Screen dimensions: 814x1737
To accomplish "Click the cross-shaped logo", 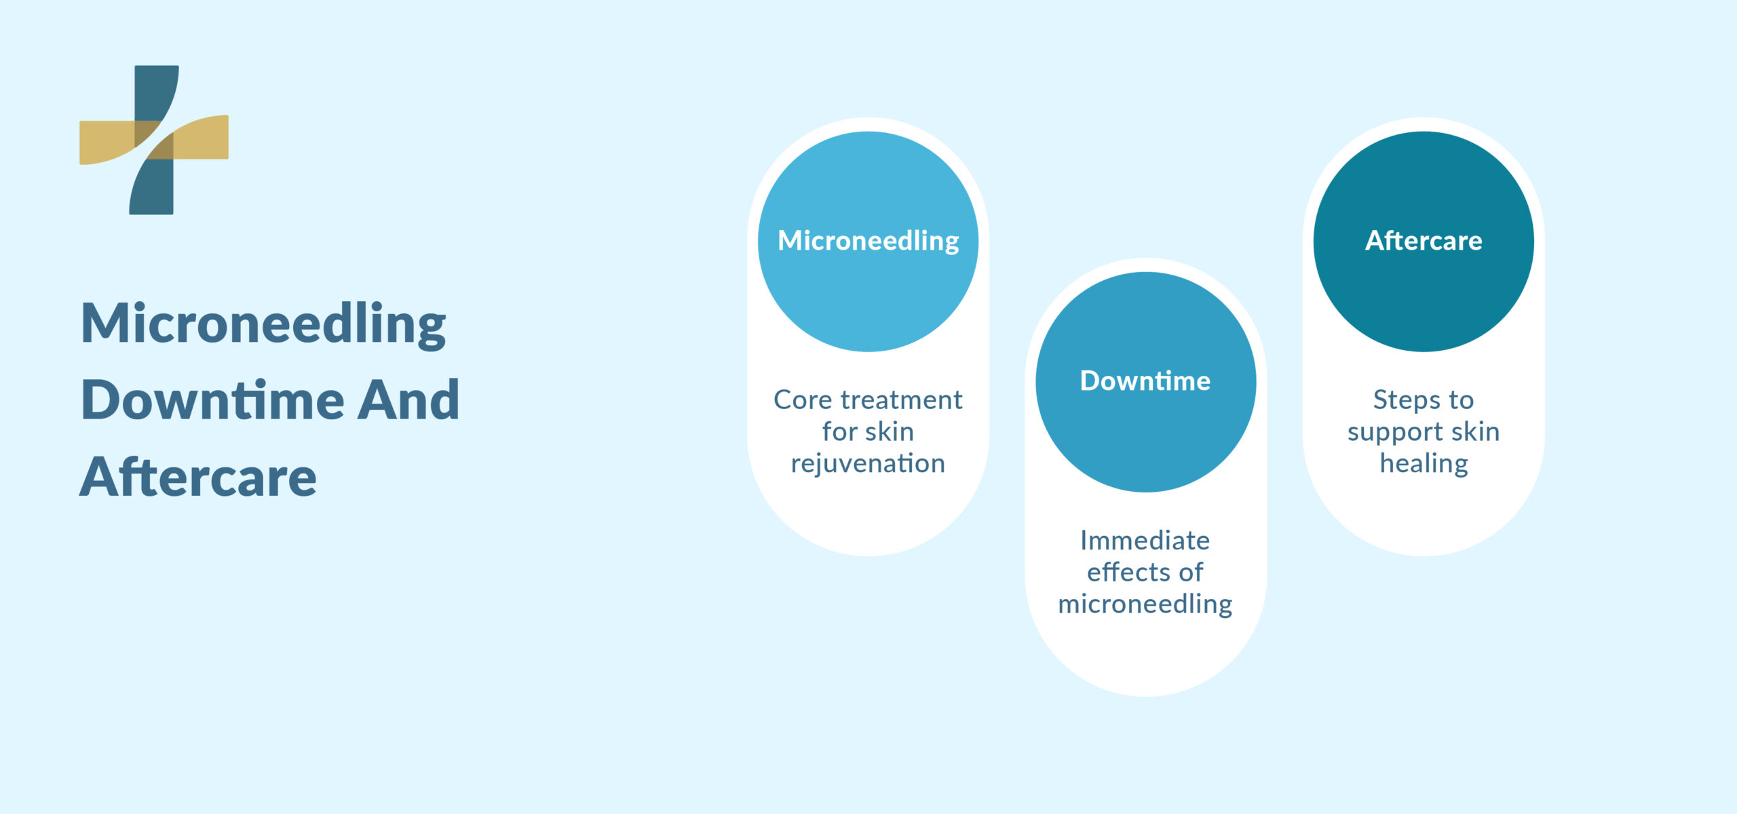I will click(154, 140).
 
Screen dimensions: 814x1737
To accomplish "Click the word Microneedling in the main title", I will click(263, 324).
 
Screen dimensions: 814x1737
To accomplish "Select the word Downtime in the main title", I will click(212, 400).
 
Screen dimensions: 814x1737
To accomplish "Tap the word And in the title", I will click(408, 400).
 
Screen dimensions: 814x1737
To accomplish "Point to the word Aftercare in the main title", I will click(198, 478).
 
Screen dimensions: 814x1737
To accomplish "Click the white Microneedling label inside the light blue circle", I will click(868, 241).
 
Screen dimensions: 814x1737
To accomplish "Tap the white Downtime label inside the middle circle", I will click(1145, 381).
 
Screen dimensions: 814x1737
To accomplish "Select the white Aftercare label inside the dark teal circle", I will click(1424, 241).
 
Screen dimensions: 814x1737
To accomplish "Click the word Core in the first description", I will click(803, 400).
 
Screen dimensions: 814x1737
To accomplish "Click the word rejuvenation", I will click(868, 464).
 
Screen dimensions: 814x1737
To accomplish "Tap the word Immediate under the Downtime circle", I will click(1145, 541).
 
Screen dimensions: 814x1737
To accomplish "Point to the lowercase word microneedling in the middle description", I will click(1145, 604).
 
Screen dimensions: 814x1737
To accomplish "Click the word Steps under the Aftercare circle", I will click(1402, 400).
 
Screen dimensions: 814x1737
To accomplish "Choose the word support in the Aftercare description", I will click(1395, 433).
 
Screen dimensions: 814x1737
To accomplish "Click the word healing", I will click(1424, 464).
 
